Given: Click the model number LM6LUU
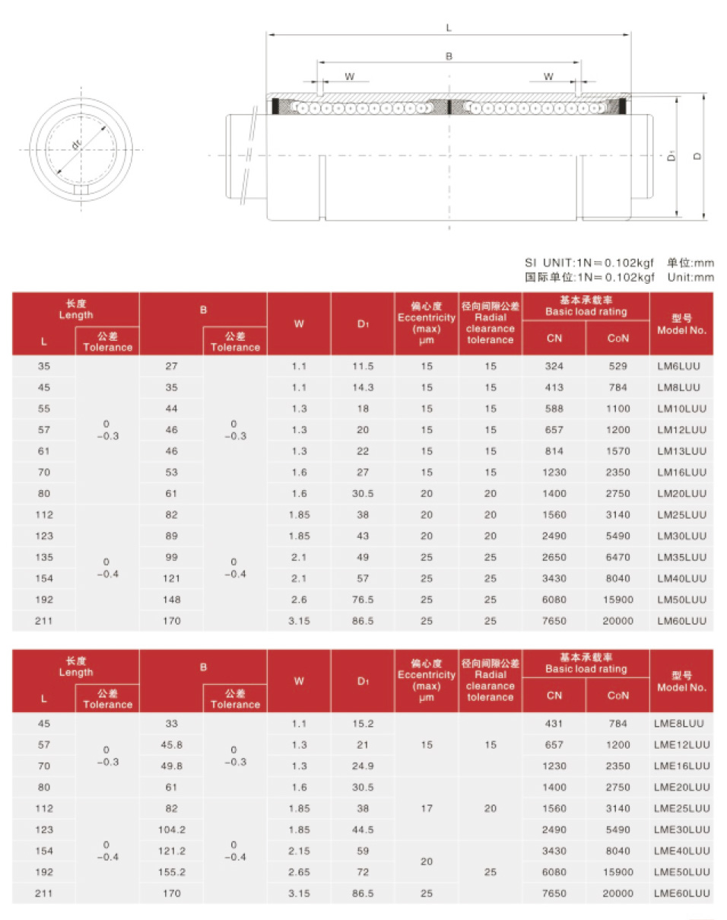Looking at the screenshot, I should pos(681,366).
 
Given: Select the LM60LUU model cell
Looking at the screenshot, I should pos(681,621).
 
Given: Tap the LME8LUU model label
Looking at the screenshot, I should pos(681,723).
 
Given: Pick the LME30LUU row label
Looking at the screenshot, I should pos(681,829).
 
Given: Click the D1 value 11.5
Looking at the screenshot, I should pos(363,366).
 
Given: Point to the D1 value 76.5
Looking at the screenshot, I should pos(363,600).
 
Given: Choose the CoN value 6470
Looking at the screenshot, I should pos(617,557).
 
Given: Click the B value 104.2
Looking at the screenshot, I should pos(172,829).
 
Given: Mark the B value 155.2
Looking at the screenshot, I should pos(172,871).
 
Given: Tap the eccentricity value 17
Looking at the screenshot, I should pos(426,807).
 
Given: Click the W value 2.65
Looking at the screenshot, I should pos(299,871).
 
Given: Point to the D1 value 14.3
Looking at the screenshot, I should pos(363,387).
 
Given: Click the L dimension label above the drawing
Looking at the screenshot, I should pos(449,27).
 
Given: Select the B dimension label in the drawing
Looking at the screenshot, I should pos(449,56).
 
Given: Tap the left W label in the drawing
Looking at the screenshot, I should pos(349,76).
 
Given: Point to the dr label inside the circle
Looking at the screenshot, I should pos(76,144).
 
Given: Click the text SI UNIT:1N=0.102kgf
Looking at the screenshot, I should pos(589,263).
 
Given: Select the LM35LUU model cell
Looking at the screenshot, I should pos(681,557).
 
